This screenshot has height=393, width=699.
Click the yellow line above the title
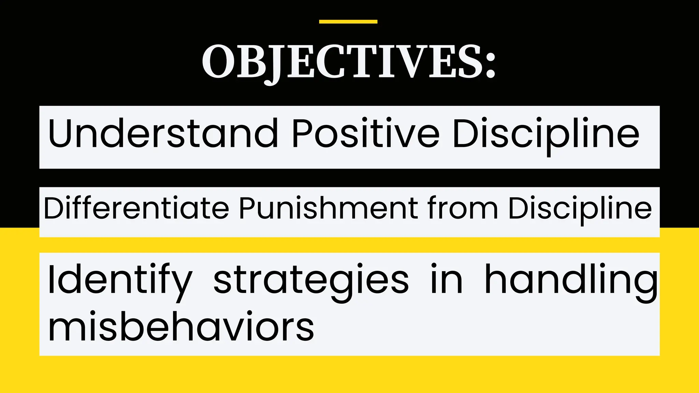[348, 21]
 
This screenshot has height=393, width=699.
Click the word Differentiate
[136, 208]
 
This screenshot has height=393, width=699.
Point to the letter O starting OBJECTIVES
[217, 62]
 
